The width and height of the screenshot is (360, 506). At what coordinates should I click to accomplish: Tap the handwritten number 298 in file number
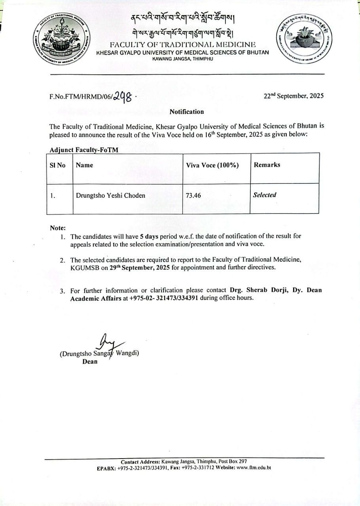pos(123,96)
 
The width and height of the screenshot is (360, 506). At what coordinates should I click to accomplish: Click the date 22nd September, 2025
pos(294,96)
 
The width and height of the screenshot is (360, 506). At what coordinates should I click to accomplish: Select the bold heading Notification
pos(187,112)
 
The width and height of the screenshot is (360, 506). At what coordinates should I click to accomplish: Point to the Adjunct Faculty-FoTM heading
pos(84,150)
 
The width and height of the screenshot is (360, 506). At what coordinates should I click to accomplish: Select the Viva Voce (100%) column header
pos(212,165)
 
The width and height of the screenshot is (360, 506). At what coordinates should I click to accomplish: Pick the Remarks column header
pos(267,165)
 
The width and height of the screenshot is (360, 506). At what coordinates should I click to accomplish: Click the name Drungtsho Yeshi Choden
pos(110,195)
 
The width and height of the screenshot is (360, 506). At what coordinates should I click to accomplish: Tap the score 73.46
pos(194,195)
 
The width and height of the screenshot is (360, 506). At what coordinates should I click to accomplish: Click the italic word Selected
pos(264,195)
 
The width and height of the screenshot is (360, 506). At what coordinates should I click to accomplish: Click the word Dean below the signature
pos(90,362)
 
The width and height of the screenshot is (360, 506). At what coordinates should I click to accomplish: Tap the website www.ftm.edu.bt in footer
pos(253,468)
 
